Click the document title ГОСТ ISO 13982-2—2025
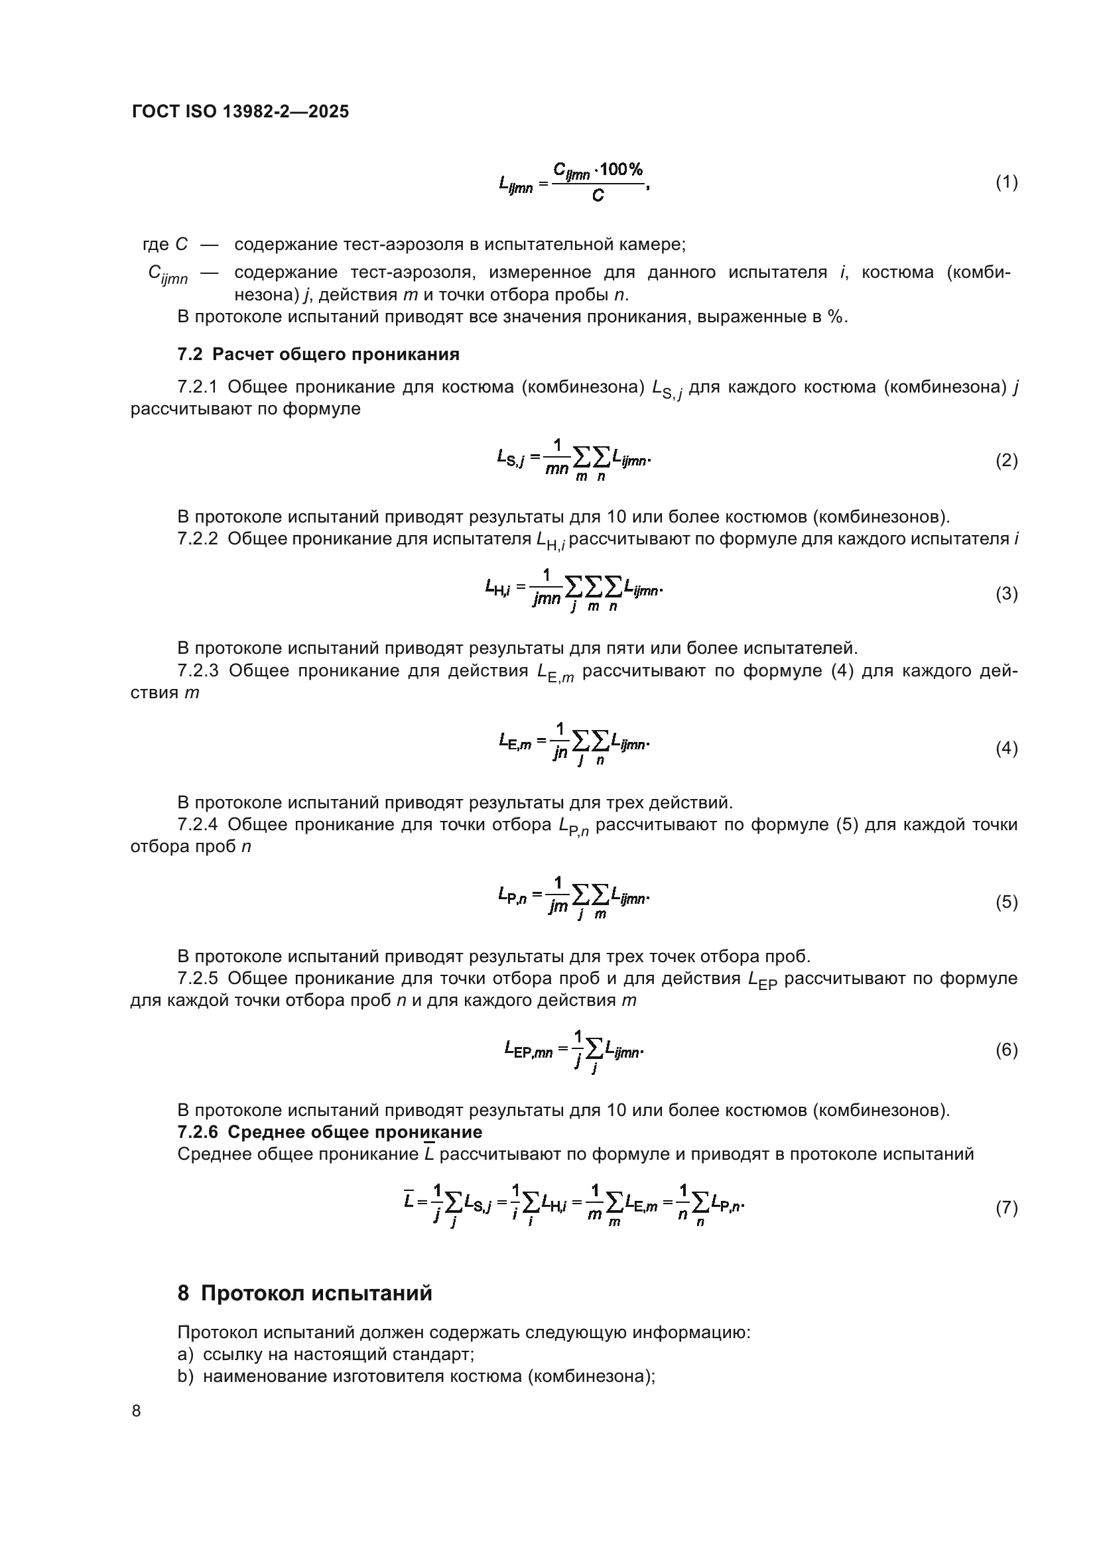(x=241, y=111)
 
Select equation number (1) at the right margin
(x=1007, y=182)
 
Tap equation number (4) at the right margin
(x=1007, y=748)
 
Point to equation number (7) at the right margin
(x=1007, y=1207)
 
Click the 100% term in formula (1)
(x=620, y=169)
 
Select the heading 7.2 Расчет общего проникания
(x=318, y=354)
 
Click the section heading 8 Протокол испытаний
(x=304, y=1293)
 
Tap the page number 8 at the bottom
(x=137, y=1410)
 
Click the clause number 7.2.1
(x=197, y=387)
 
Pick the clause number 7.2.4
(x=197, y=824)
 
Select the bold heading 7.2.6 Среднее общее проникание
(x=330, y=1131)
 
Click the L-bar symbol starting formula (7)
(x=409, y=1200)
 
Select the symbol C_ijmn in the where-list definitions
(x=168, y=274)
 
